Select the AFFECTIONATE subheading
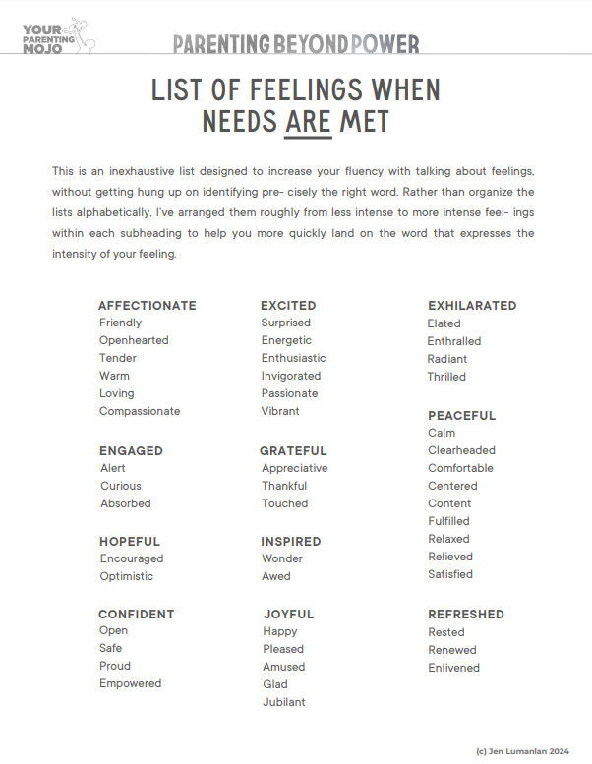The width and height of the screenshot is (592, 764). pos(148,305)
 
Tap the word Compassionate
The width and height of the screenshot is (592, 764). pos(140,411)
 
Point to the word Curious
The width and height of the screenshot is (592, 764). pos(121,486)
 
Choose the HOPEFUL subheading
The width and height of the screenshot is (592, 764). pos(130,541)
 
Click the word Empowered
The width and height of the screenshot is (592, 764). pos(130,683)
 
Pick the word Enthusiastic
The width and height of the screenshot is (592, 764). pos(293,358)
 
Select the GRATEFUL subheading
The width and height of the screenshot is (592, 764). pos(293,450)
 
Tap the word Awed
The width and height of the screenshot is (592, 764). pos(275,576)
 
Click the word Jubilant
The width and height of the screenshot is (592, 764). pos(284,702)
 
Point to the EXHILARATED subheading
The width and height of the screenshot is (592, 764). pos(472,305)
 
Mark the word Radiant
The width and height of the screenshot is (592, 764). pos(447,359)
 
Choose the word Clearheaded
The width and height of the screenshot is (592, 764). pos(461,450)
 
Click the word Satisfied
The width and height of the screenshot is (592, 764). pos(450,574)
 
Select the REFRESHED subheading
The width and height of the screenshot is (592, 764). pos(466,614)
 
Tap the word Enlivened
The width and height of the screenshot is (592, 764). pos(453,668)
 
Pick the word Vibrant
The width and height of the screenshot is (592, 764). pos(280,411)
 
